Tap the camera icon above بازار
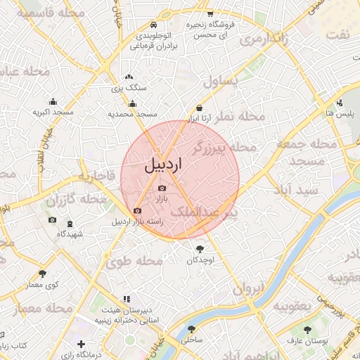[162, 188]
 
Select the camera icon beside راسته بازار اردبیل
[137, 210]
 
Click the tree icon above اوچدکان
[201, 249]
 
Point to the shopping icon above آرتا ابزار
[201, 108]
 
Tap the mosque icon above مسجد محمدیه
[133, 104]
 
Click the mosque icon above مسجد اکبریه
[53, 102]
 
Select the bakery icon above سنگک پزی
[128, 77]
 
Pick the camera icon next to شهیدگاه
[52, 220]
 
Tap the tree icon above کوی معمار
[43, 274]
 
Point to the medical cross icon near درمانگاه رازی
[82, 344]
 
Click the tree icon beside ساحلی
[191, 328]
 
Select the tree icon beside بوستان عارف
[290, 340]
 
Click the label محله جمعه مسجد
[300, 153]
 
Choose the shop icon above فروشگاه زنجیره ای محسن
[210, 14]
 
